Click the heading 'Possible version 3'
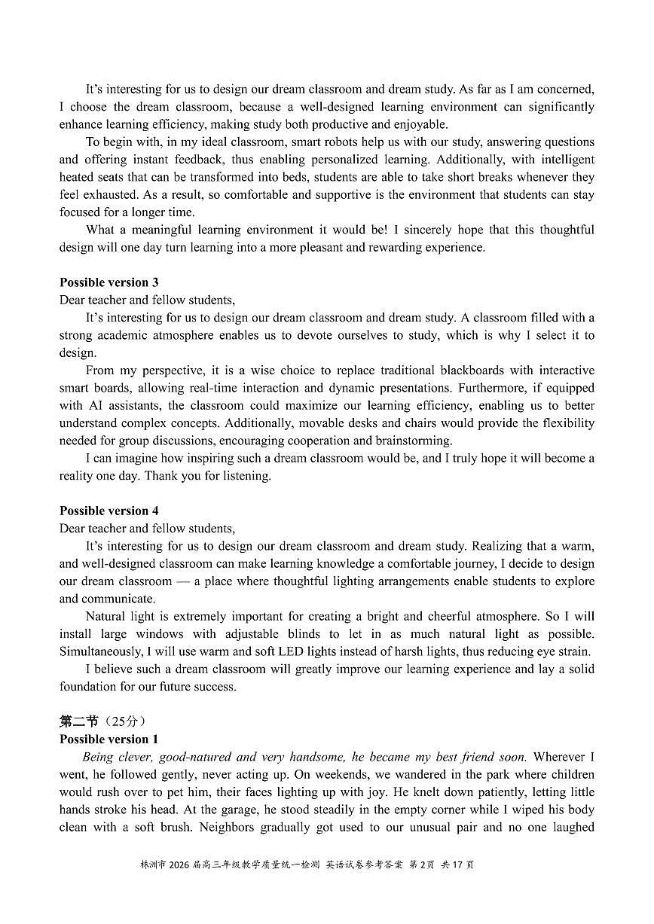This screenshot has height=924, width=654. [x=109, y=282]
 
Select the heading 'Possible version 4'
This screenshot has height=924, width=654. [x=109, y=511]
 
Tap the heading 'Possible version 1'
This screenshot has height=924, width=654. [x=109, y=740]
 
